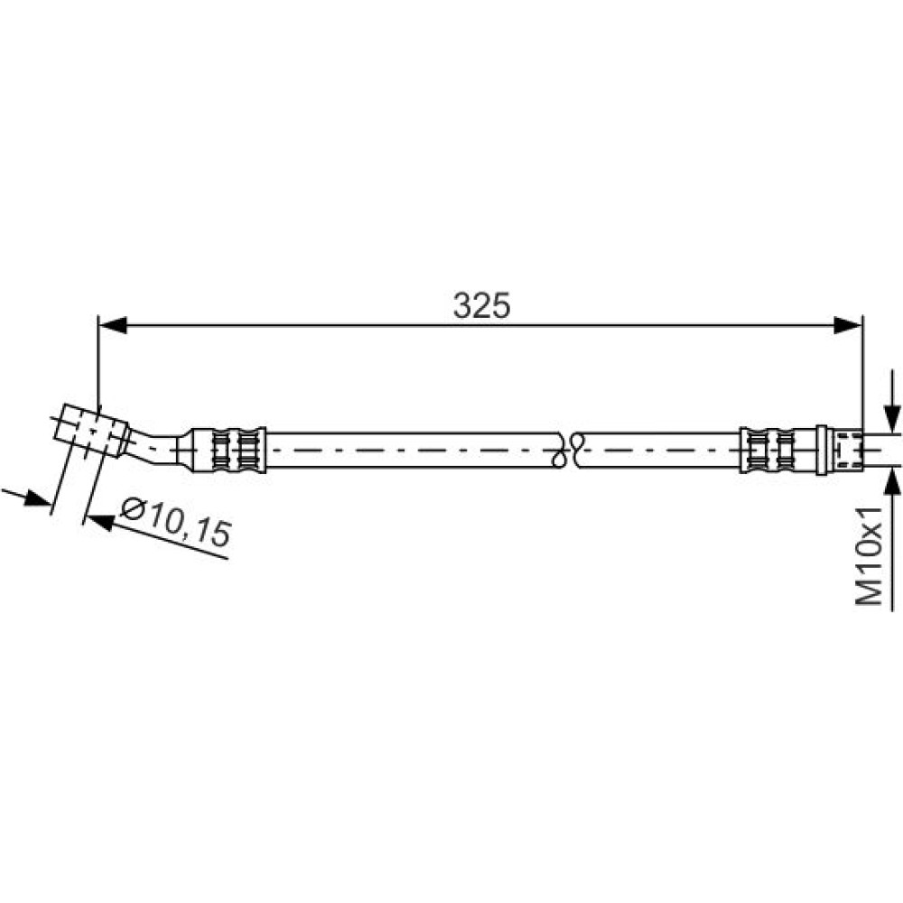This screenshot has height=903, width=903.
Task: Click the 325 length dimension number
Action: click(481, 305)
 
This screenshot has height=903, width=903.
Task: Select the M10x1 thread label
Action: click(869, 555)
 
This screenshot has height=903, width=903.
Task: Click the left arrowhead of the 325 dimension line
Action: click(112, 325)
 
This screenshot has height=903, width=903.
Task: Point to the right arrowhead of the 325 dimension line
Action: click(848, 325)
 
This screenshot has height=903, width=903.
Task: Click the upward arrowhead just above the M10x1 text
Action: click(892, 481)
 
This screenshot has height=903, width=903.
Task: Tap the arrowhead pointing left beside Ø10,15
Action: click(99, 522)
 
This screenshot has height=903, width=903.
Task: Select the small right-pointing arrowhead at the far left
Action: click(37, 498)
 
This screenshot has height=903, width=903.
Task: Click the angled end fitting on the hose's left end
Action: click(91, 431)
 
